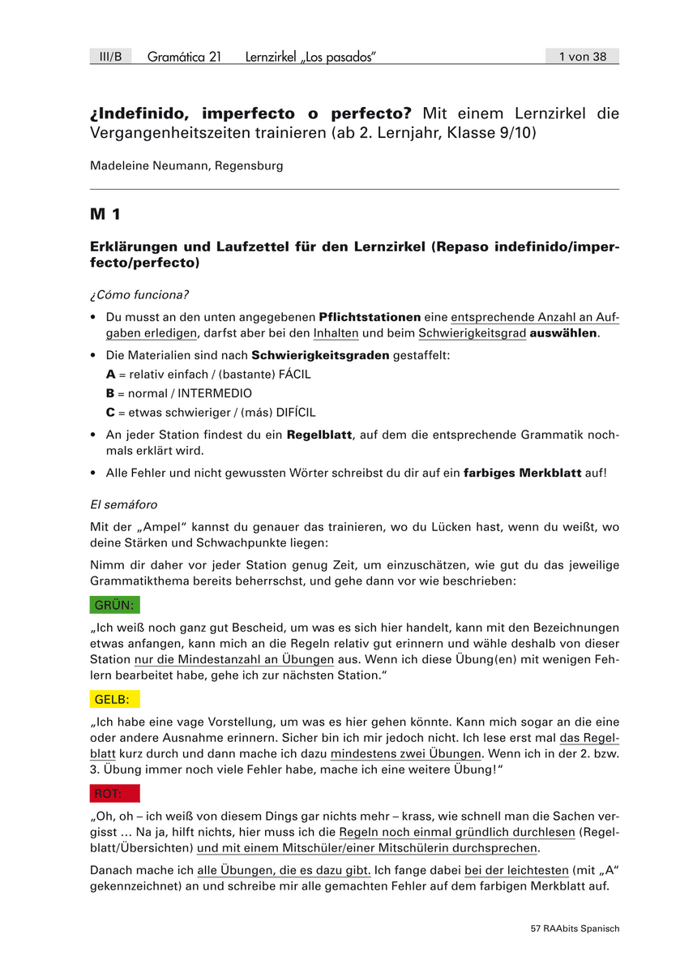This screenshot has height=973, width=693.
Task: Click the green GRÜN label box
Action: point(113,605)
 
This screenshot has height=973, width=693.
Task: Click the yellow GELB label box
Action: point(113,699)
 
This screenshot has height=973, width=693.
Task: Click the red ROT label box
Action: point(114,793)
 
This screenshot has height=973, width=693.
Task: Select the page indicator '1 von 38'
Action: point(582,56)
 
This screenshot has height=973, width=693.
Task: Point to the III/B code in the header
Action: point(110,56)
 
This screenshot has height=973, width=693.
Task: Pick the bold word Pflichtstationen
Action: point(370,316)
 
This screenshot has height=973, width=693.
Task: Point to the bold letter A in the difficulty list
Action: point(111,375)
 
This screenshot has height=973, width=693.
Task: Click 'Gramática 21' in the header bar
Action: point(184,56)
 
